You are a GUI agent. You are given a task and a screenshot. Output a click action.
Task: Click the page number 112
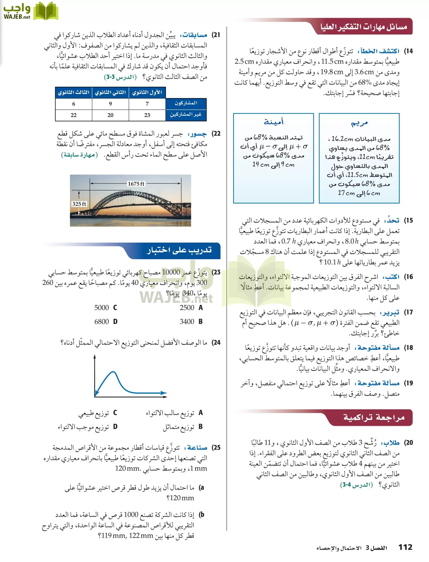[x=405, y=547]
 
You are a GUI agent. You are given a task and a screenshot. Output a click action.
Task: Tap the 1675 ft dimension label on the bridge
[x=136, y=184]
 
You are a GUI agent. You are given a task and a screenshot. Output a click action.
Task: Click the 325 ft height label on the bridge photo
[x=79, y=204]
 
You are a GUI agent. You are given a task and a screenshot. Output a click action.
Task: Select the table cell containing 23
[x=147, y=115]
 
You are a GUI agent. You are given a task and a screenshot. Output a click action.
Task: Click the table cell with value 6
[x=74, y=104]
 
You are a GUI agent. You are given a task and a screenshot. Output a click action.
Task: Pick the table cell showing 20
[x=110, y=115]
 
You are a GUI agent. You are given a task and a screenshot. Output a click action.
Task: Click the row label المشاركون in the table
[x=186, y=103]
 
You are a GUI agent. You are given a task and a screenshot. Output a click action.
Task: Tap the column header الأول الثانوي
[x=147, y=92]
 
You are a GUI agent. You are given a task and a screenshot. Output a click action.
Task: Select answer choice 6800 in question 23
[x=102, y=322]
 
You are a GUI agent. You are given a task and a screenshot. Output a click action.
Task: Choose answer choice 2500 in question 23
[x=187, y=308]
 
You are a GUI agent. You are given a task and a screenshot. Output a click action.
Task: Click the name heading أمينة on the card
[x=273, y=122]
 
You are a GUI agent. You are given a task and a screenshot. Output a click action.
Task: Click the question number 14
[x=408, y=51]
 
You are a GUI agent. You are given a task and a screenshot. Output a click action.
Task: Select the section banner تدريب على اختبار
[x=179, y=250]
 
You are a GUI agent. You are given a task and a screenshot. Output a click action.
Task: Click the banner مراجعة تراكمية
[x=374, y=417]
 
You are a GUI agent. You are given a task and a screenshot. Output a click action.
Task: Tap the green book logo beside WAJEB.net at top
[x=46, y=11]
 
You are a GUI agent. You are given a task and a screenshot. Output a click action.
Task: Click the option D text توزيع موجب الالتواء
[x=83, y=427]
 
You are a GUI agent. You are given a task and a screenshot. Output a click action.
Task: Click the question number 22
[x=216, y=134]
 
